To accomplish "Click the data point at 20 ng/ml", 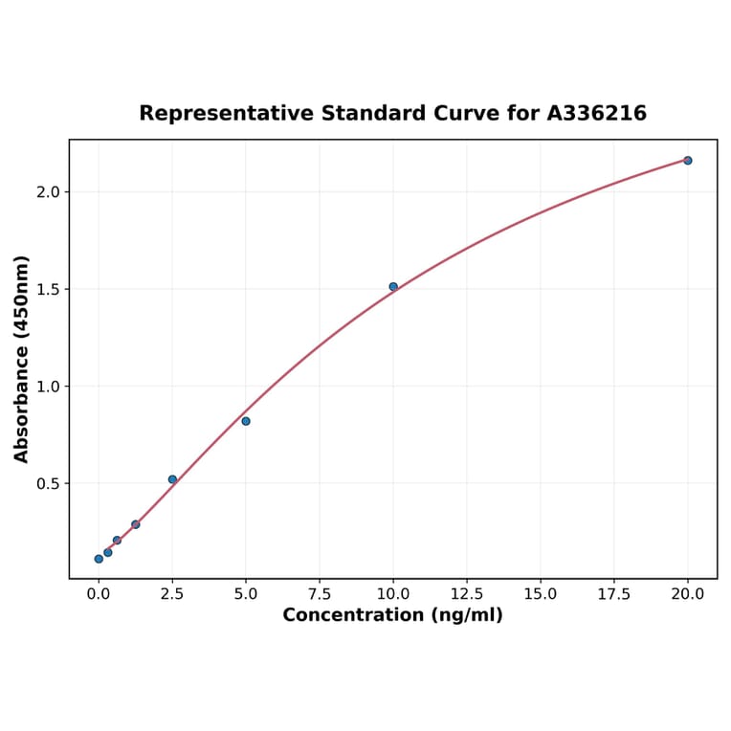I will (688, 161).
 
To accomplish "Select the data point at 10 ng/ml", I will (393, 287).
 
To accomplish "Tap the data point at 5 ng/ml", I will (246, 421).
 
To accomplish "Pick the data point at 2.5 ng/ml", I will (172, 479).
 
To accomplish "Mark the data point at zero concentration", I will (99, 559).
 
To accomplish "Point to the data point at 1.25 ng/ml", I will (136, 524).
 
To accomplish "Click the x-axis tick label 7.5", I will (320, 594).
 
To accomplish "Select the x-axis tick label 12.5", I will (467, 594).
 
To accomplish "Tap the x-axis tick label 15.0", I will (541, 594).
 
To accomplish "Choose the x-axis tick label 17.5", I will (614, 594).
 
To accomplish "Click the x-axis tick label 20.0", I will (688, 594).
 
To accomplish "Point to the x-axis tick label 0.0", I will (99, 594).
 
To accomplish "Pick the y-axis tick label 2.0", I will (49, 192).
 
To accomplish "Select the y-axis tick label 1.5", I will (49, 290).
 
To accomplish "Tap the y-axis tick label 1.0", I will (49, 387).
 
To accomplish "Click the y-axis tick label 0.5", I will (49, 484).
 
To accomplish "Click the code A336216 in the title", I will (597, 114).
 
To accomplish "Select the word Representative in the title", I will (226, 114).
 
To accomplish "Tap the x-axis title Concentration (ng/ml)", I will (392, 615).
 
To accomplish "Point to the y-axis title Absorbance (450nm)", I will (22, 359).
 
